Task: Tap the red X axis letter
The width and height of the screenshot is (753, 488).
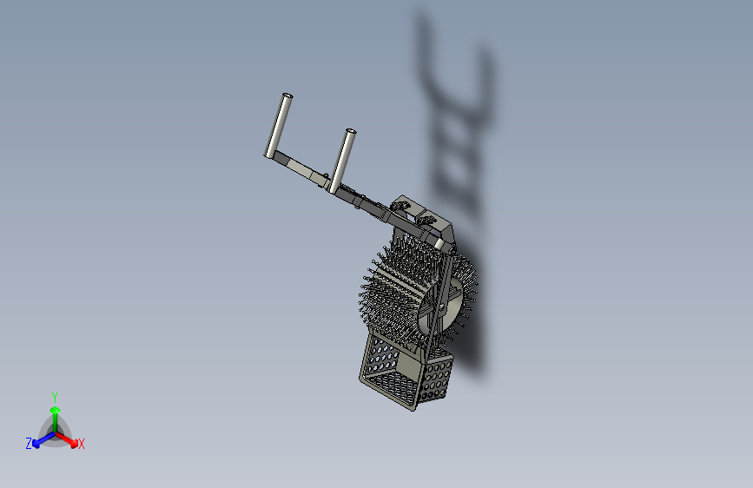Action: tap(82, 445)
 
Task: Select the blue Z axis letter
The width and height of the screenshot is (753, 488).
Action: tap(29, 443)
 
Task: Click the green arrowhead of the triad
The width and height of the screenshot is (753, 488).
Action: tap(55, 410)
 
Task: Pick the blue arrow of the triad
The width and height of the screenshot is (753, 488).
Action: tap(40, 439)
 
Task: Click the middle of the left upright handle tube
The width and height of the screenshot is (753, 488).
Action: tap(278, 125)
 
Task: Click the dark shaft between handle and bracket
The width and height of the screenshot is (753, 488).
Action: tap(370, 205)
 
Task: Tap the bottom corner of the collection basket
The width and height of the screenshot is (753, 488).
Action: tap(413, 407)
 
